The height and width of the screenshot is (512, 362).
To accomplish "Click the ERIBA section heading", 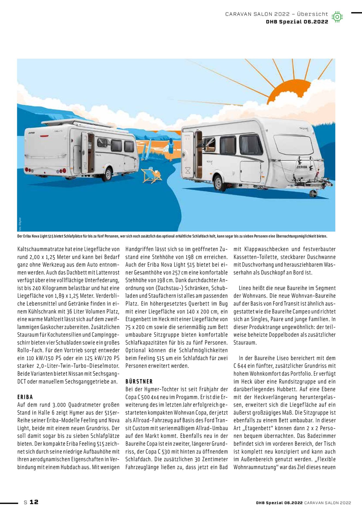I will pos(25,397).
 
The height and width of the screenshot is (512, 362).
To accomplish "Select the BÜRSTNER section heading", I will pos(139,381).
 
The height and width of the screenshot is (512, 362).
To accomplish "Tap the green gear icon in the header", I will pos(337,17).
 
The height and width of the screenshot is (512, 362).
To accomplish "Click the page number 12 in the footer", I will pos(34,502).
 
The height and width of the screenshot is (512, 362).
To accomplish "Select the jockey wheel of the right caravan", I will pos(313,193).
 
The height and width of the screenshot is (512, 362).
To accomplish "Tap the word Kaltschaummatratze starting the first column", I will pos(41,249).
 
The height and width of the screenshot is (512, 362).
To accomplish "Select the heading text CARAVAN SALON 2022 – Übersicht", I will pos(277,14).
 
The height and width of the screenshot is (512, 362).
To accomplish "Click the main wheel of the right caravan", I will pos(218,183).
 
